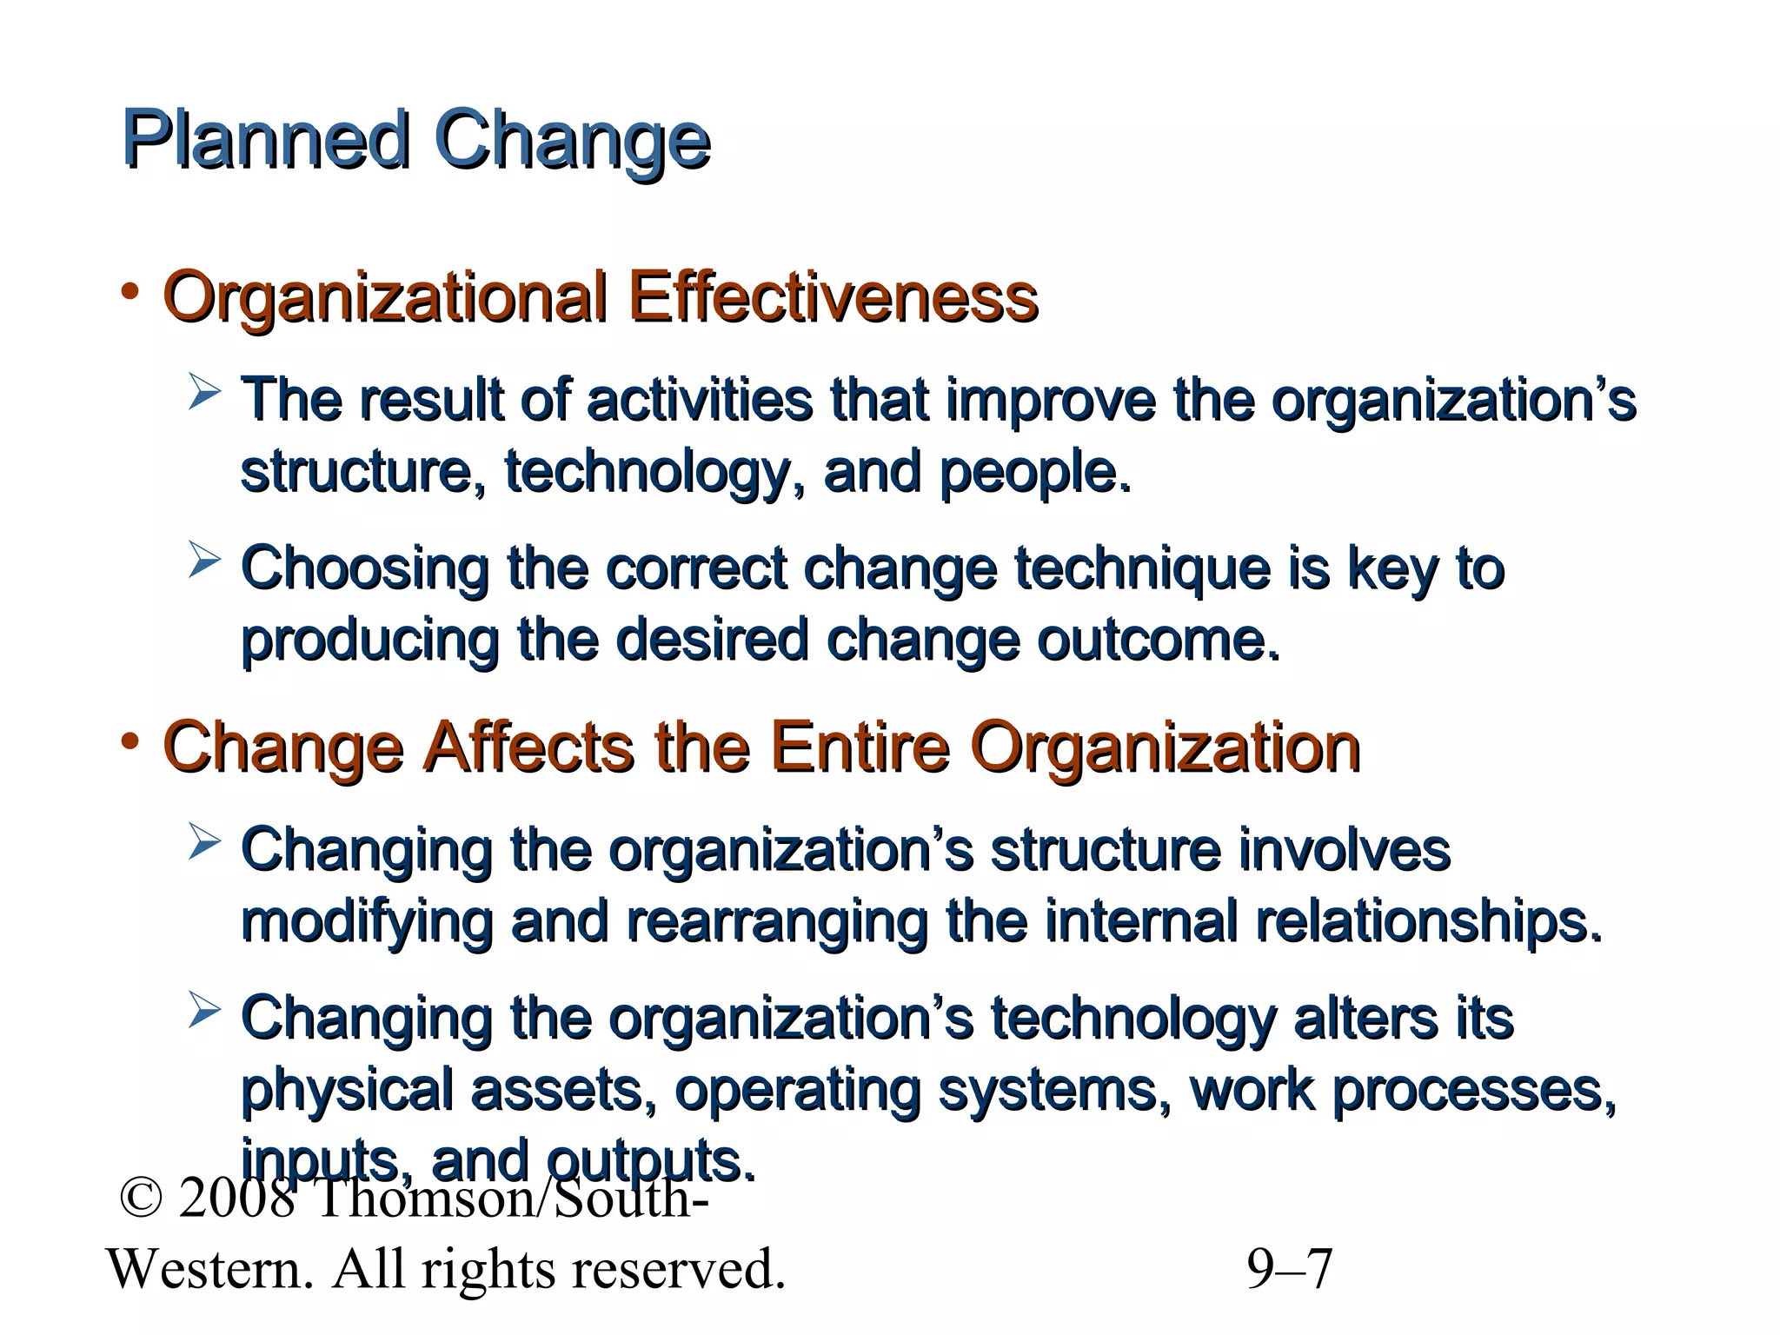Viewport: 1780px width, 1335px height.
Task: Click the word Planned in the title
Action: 265,139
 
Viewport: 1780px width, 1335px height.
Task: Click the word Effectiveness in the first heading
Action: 833,297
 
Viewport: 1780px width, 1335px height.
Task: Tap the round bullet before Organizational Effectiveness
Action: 130,293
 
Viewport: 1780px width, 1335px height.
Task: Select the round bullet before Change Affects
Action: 130,742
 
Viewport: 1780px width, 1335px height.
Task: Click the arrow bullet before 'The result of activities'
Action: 203,392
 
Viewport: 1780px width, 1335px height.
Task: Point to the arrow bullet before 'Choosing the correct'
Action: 203,560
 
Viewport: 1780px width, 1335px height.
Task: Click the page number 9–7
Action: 1290,1269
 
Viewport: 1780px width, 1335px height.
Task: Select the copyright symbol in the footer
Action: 141,1198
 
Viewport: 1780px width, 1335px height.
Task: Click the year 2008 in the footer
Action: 236,1198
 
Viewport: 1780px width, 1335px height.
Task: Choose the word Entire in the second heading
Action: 860,747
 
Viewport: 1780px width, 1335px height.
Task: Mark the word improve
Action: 1051,400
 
